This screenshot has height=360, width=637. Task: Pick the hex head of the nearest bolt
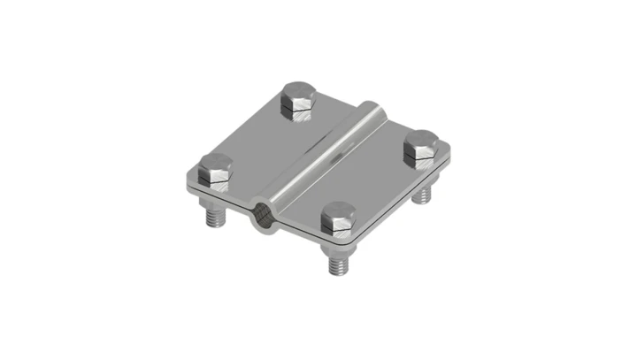[x=339, y=220]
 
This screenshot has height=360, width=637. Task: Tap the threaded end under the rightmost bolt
[x=426, y=192]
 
